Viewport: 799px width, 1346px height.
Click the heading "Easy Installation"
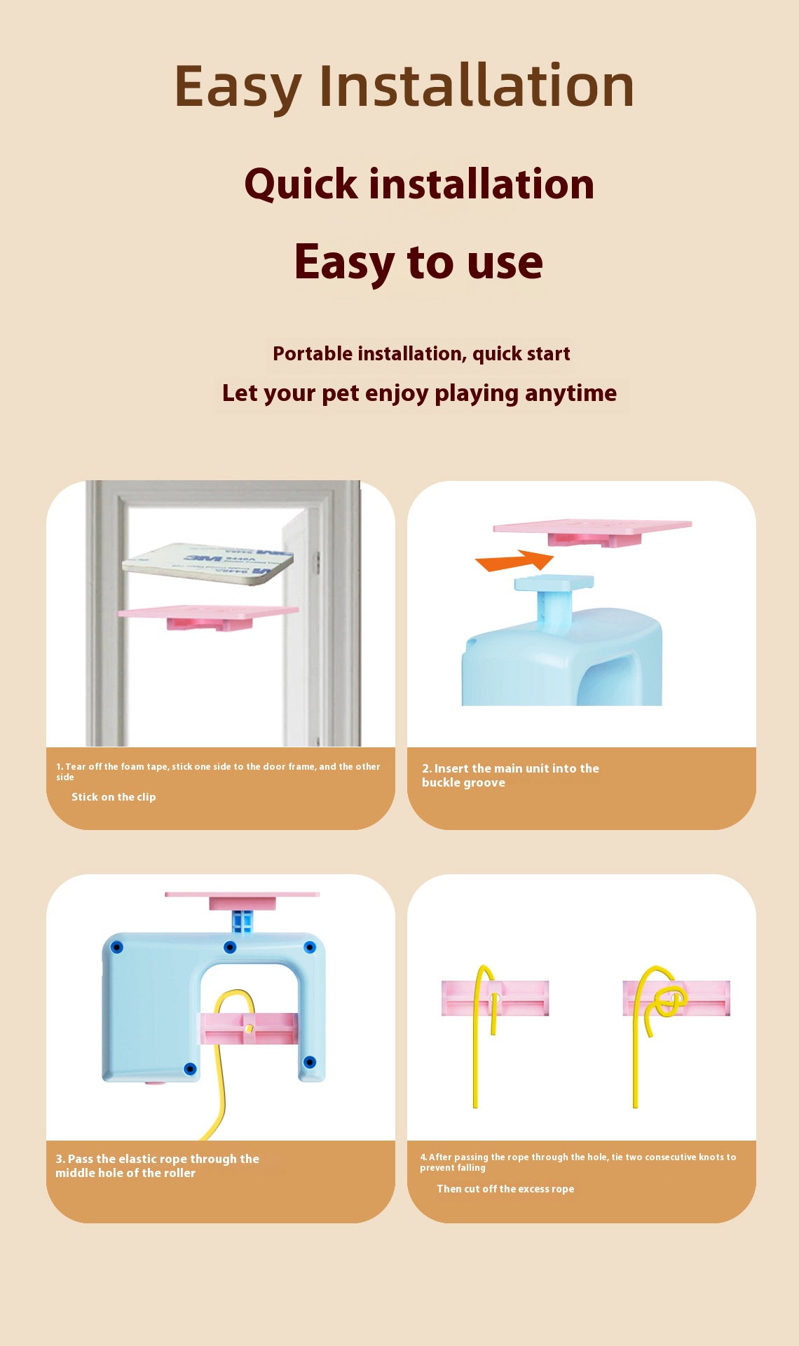click(x=404, y=86)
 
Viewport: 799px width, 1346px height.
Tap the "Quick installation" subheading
click(x=419, y=184)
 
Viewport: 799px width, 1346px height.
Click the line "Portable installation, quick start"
click(x=421, y=354)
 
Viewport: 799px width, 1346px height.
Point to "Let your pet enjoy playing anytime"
click(x=419, y=393)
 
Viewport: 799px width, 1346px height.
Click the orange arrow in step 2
click(x=514, y=561)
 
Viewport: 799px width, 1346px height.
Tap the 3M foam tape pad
click(x=208, y=563)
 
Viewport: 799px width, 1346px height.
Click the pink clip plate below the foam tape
click(x=209, y=617)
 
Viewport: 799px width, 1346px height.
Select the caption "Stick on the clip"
click(x=114, y=797)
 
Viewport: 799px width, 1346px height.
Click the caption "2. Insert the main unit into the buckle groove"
click(x=510, y=775)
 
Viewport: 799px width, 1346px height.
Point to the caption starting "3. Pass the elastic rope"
click(x=157, y=1166)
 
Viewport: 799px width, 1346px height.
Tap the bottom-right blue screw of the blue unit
click(x=310, y=1062)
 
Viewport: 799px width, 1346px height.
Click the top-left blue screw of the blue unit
click(x=117, y=948)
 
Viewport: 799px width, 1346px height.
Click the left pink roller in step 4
click(x=495, y=998)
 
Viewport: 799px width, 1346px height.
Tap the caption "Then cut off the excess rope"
click(x=505, y=1189)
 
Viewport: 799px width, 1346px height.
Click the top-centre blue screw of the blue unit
click(x=230, y=948)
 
